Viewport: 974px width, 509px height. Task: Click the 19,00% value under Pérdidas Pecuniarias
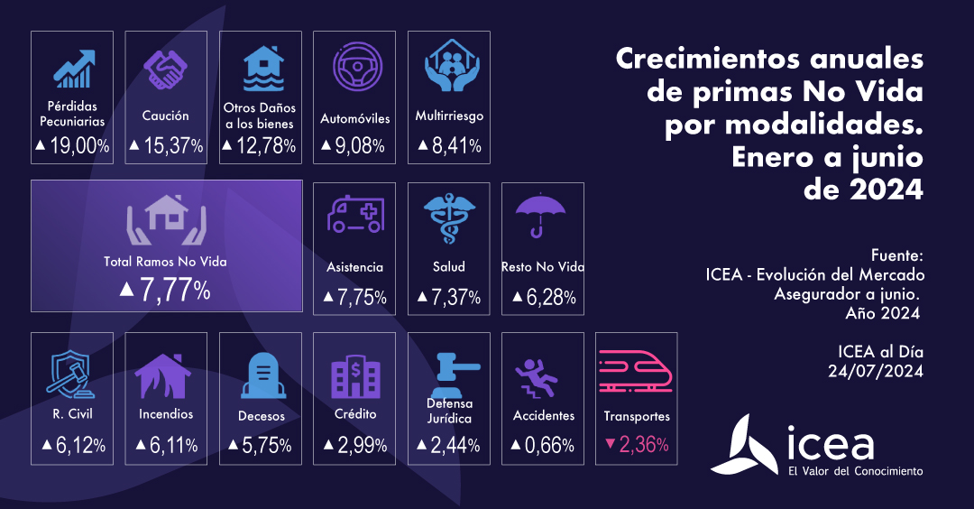click(72, 145)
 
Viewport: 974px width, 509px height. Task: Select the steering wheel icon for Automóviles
click(354, 69)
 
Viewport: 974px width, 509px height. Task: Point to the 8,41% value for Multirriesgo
click(449, 145)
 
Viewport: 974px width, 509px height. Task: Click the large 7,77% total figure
click(166, 290)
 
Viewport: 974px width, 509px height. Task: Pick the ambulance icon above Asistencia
click(354, 217)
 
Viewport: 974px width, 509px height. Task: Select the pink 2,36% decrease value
click(636, 444)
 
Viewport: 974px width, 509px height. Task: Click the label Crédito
click(354, 414)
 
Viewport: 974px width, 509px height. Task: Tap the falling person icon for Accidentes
click(542, 376)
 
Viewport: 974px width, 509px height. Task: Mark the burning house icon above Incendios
click(166, 375)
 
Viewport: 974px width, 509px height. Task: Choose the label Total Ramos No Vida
click(165, 262)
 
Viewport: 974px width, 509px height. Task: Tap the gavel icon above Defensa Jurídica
click(449, 369)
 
